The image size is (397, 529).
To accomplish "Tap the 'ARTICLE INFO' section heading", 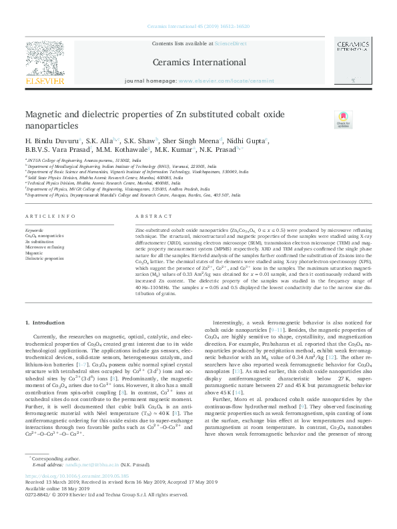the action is click(x=45, y=217).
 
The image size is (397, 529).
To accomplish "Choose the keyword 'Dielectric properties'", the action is click(x=44, y=258).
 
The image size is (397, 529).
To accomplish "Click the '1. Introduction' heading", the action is click(x=45, y=322).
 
